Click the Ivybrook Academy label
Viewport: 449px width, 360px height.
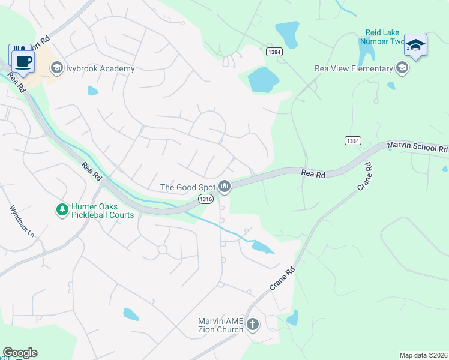click(100, 68)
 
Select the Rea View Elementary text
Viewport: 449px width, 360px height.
click(354, 68)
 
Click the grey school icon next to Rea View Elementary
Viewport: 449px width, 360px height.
click(402, 68)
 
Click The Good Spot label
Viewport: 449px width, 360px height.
click(187, 187)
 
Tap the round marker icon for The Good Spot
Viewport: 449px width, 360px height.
click(224, 187)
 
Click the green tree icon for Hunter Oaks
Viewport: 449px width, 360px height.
click(61, 209)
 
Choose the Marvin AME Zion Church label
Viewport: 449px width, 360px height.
click(221, 325)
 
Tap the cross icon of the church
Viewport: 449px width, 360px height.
click(253, 325)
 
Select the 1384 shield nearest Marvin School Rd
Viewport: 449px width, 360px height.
click(353, 140)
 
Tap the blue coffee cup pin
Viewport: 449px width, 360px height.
click(23, 60)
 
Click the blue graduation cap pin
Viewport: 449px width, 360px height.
click(415, 46)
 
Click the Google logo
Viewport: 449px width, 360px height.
click(20, 353)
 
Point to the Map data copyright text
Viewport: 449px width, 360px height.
click(423, 355)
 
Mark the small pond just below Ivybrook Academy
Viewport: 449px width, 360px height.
click(92, 91)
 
